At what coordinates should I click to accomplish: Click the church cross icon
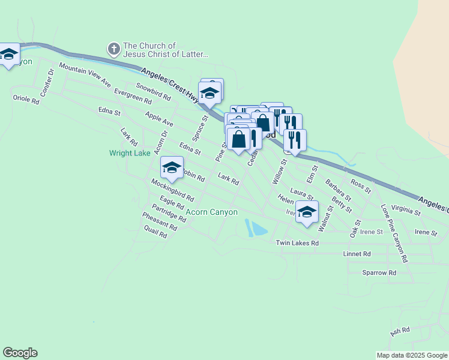point(113,48)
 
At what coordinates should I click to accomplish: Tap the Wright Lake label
point(130,153)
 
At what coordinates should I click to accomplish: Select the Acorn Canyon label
point(212,212)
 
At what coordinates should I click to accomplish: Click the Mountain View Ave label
point(85,74)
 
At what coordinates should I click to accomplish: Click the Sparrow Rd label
point(379,272)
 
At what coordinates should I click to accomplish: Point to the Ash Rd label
point(399,331)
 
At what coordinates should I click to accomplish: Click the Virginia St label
point(405,210)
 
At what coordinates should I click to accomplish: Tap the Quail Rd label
point(155,233)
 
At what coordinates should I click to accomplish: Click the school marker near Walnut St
point(307,212)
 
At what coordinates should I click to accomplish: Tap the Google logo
point(20,353)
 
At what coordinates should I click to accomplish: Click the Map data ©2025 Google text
point(412,355)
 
